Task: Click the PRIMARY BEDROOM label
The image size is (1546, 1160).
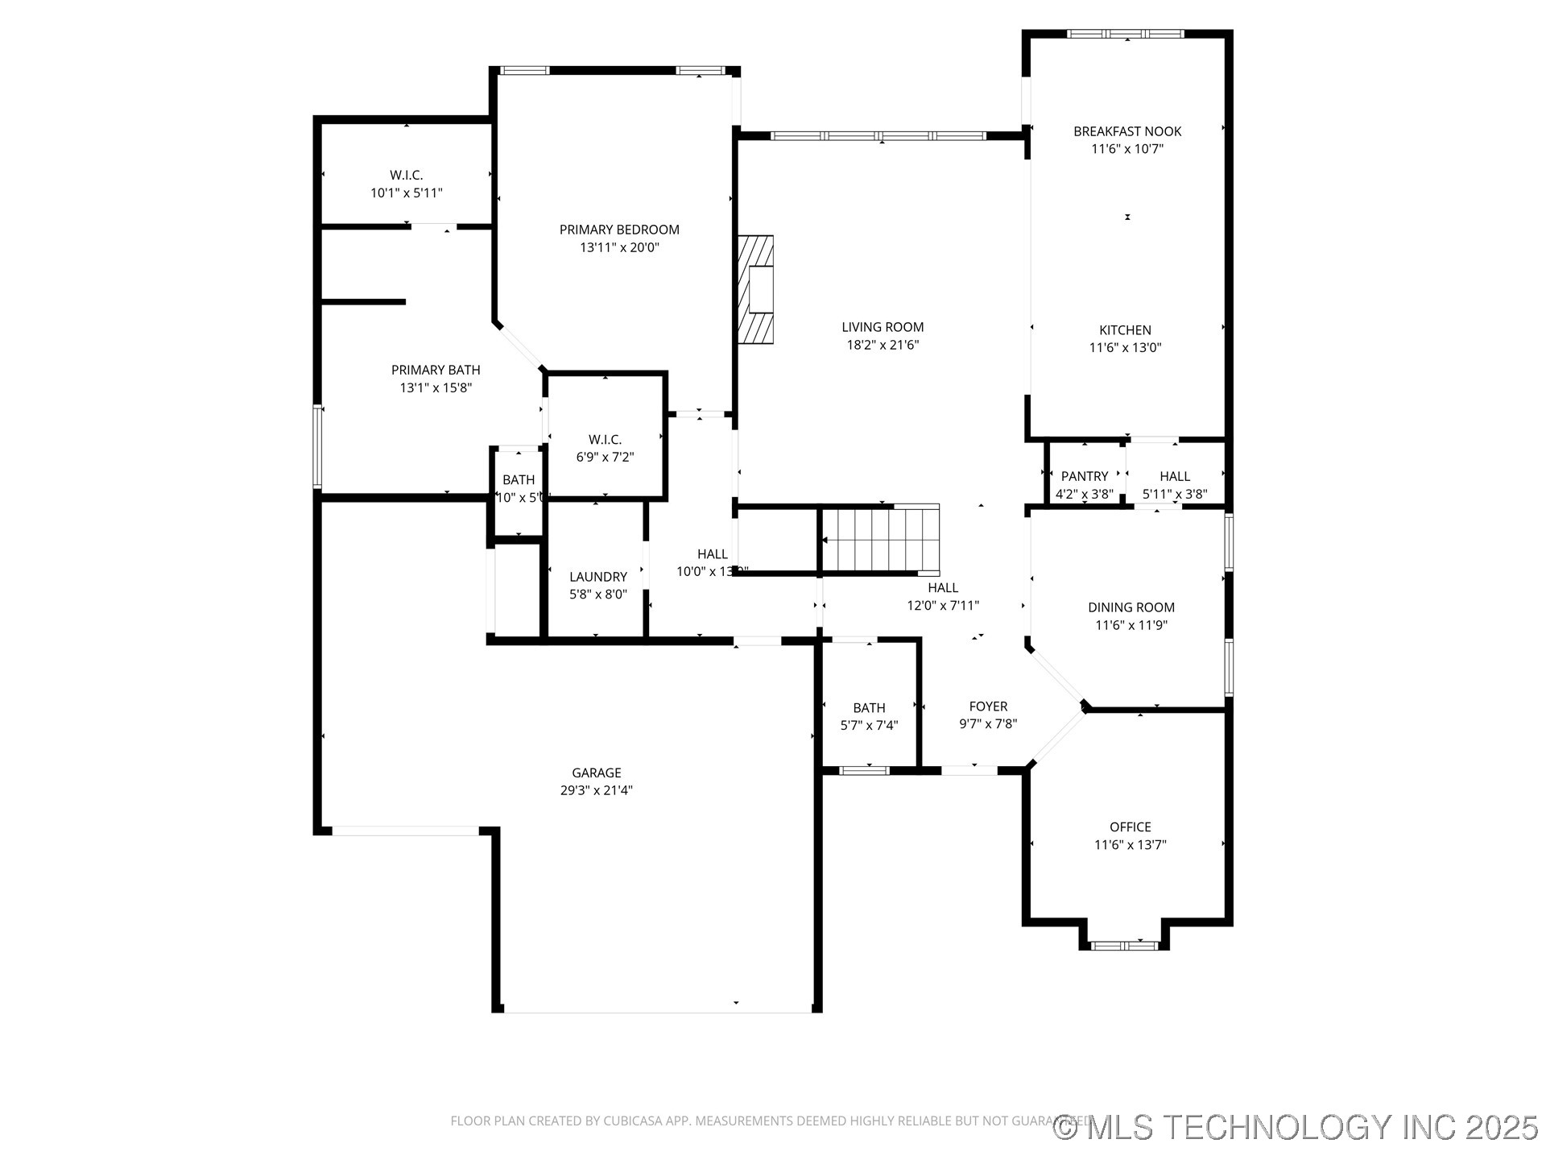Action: click(x=619, y=230)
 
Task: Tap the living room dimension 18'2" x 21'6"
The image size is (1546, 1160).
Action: click(x=883, y=345)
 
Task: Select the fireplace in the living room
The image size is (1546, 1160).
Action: click(x=756, y=290)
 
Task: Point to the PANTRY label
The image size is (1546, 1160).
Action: click(x=1085, y=476)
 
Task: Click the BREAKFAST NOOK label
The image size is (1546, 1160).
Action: click(x=1126, y=131)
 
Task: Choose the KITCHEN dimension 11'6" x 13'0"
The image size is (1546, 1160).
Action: click(x=1125, y=348)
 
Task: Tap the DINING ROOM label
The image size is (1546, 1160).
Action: click(x=1131, y=607)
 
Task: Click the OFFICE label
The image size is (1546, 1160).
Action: click(x=1130, y=826)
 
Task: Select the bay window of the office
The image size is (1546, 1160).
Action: click(x=1124, y=945)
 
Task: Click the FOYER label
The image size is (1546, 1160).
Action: click(x=988, y=706)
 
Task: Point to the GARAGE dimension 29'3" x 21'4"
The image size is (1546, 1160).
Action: click(x=596, y=790)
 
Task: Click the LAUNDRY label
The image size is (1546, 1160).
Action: click(x=597, y=577)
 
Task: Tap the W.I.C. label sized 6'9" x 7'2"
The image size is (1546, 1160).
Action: click(x=605, y=439)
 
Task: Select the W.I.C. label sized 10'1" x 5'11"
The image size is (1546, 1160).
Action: click(x=406, y=175)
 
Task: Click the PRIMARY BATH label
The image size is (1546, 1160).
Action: click(x=435, y=370)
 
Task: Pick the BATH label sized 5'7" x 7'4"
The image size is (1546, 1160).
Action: click(x=869, y=707)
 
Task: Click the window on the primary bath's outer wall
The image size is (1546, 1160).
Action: click(x=317, y=447)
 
